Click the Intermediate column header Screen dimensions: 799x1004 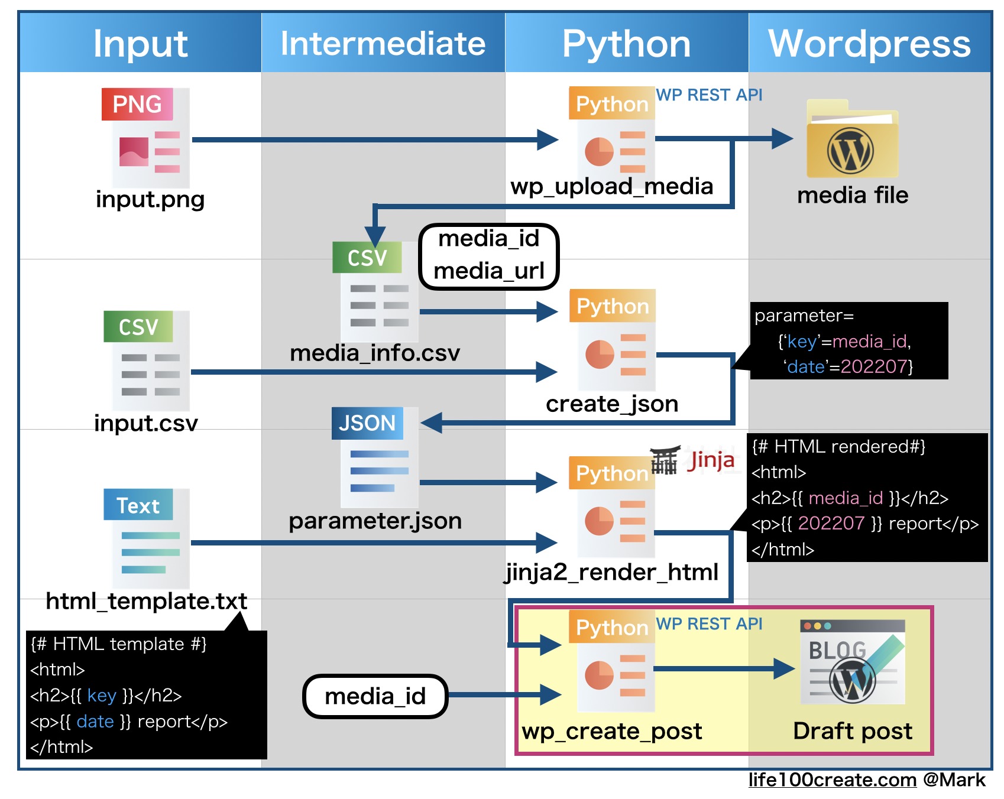(383, 43)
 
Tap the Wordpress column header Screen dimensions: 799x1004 (869, 43)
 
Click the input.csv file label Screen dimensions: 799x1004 (146, 423)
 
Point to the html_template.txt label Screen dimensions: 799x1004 (146, 601)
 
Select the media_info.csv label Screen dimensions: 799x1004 (375, 353)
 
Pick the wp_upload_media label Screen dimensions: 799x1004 (611, 186)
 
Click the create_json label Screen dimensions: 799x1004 (611, 404)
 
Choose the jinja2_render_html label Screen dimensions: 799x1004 (611, 572)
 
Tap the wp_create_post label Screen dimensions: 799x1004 (611, 731)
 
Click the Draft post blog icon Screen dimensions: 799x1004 (852, 662)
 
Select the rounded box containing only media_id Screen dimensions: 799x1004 (375, 696)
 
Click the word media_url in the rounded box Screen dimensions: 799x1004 (488, 271)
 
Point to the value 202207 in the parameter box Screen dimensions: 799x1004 (873, 366)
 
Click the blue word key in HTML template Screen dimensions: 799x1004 (101, 696)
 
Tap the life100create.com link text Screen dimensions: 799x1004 (832, 780)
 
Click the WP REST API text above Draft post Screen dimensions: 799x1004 (709, 623)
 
